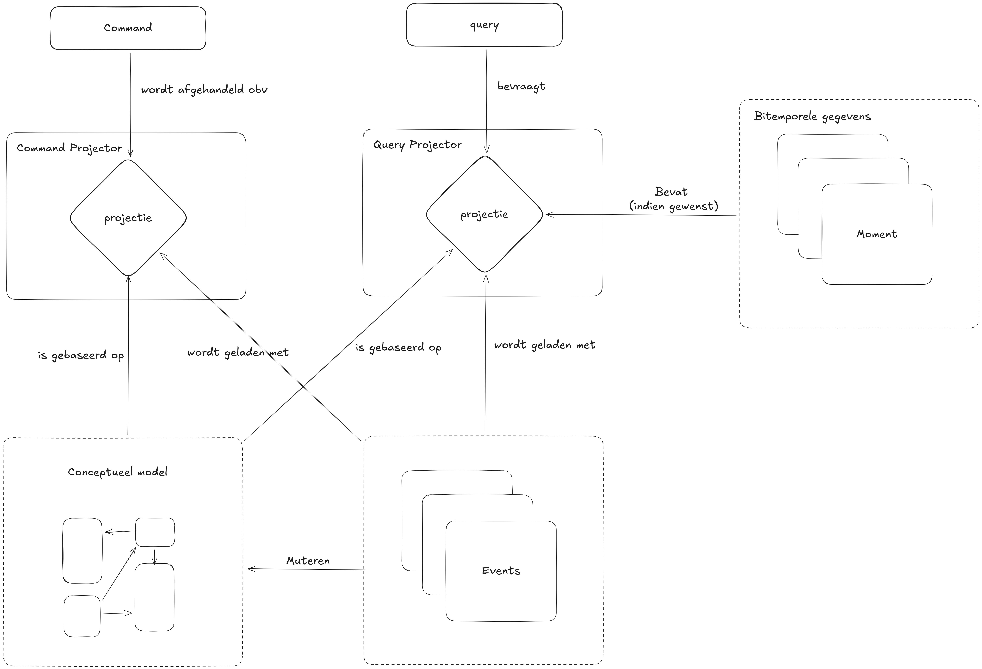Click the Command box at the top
[x=128, y=28]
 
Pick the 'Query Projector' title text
[x=417, y=145]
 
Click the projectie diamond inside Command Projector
[x=128, y=218]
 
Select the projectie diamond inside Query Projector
[x=484, y=215]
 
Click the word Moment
[x=876, y=234]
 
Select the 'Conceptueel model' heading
[x=117, y=472]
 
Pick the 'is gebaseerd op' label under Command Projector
[x=81, y=355]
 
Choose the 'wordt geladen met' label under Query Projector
[x=545, y=345]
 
